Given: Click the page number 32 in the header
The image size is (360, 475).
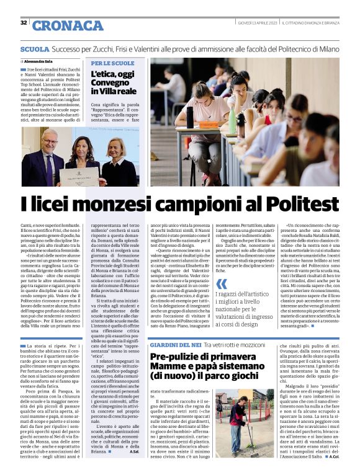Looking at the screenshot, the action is (x=24, y=23).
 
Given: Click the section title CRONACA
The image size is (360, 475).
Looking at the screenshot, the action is (x=68, y=25).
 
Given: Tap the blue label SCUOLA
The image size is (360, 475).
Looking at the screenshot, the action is (x=34, y=48).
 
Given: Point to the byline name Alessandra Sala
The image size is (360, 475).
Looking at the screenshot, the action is (x=38, y=62).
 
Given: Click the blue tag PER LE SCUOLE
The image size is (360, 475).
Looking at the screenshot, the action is (x=112, y=63).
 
